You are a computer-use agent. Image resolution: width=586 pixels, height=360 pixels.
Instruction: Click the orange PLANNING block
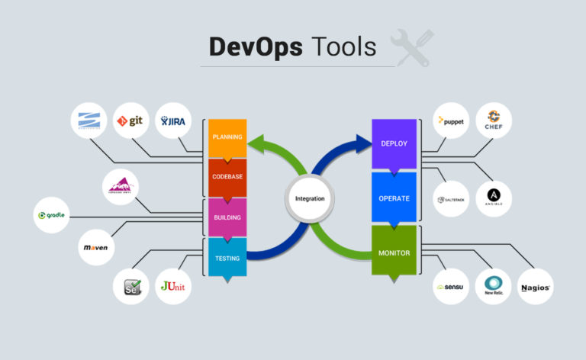pos(228,138)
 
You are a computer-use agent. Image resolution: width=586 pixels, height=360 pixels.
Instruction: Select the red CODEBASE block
pos(228,177)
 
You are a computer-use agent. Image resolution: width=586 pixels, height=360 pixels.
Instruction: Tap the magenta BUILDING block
pos(228,217)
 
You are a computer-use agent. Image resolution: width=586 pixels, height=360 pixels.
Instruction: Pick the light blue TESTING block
pos(228,258)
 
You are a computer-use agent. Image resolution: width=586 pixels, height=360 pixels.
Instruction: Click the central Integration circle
pos(310,198)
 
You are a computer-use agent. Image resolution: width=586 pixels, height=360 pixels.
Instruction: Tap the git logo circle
pos(130,121)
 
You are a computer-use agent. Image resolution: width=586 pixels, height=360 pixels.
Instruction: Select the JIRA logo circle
pos(172,121)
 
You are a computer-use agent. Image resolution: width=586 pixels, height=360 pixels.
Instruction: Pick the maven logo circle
pos(97,247)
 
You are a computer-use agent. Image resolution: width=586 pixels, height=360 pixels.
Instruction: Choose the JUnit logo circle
pos(173,287)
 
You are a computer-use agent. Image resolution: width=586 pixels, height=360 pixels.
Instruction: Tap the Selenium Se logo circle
pos(130,287)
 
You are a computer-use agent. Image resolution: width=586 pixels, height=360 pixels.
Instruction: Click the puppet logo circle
pos(451,121)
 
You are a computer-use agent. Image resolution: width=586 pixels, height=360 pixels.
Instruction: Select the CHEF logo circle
pos(494,121)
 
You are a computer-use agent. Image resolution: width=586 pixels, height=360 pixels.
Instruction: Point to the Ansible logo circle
pos(494,198)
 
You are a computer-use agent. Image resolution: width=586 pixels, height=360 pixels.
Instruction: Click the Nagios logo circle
pos(536,287)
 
